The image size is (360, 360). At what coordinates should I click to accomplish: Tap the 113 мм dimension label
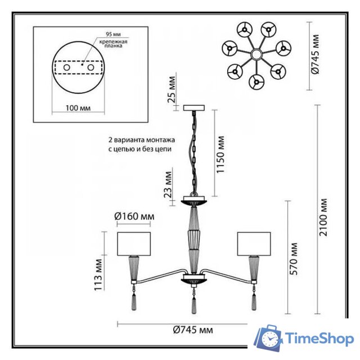pyautogui.click(x=100, y=271)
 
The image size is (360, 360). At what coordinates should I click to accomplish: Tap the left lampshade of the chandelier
pyautogui.click(x=135, y=242)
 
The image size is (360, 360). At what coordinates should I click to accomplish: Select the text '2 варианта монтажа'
pyautogui.click(x=142, y=139)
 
